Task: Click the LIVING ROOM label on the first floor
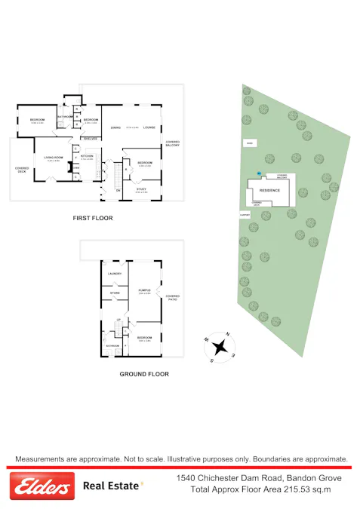click(x=54, y=157)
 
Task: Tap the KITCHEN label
click(x=87, y=155)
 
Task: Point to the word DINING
click(x=115, y=127)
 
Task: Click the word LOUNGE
click(x=149, y=127)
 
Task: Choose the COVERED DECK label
click(x=21, y=170)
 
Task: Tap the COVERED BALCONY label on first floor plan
click(x=173, y=143)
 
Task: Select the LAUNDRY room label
click(x=115, y=273)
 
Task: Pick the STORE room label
click(x=115, y=293)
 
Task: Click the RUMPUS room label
click(x=144, y=290)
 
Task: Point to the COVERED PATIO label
click(x=173, y=297)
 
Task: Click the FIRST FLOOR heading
click(x=93, y=218)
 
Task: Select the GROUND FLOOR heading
click(x=144, y=374)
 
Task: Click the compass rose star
click(x=221, y=347)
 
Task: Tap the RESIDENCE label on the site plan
click(x=269, y=190)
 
